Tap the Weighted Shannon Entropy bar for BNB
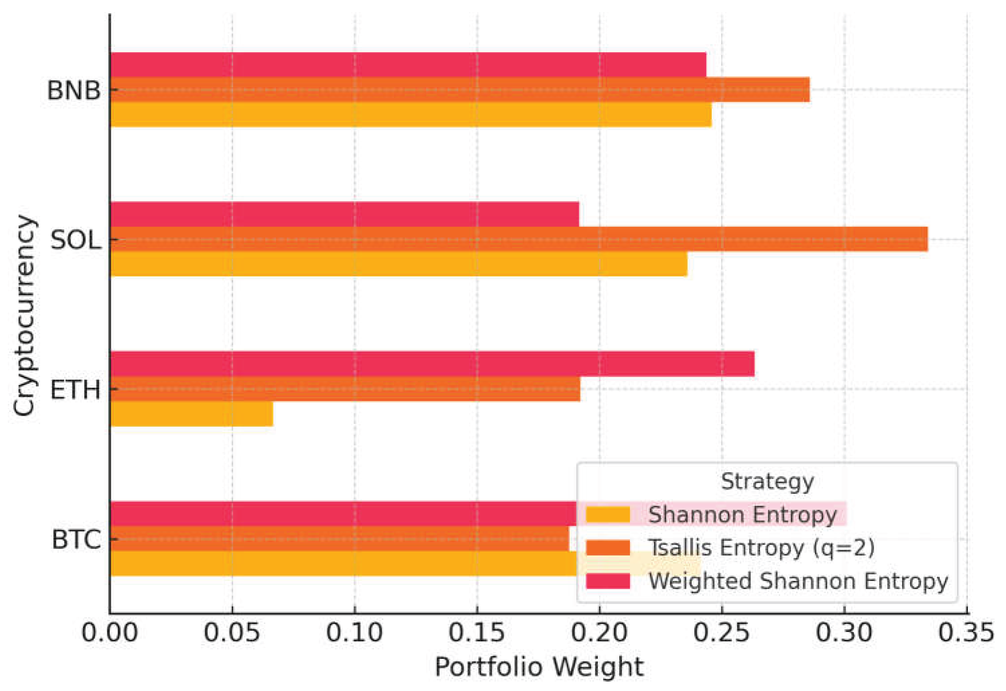point(408,65)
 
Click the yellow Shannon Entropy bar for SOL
point(398,263)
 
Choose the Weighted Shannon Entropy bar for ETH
point(432,364)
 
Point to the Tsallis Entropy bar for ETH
point(345,389)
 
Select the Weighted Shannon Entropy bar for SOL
point(344,214)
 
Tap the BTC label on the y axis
point(76,540)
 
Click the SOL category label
point(75,240)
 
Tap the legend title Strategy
point(767,482)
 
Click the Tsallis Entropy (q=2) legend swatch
point(608,548)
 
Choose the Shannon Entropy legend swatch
point(608,515)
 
